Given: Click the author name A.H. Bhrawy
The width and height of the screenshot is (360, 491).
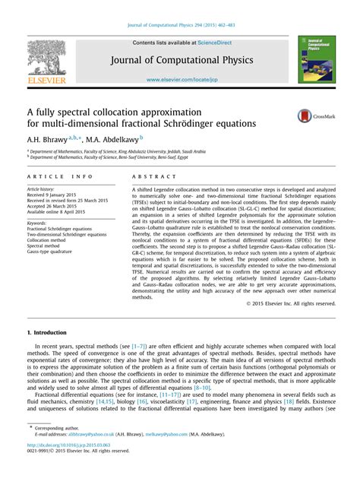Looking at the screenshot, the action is [47, 139].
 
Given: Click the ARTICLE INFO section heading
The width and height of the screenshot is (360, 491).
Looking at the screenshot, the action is [53, 177].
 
